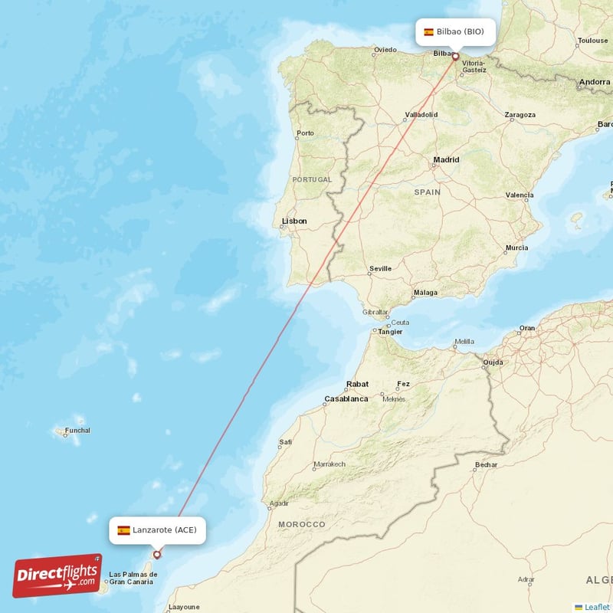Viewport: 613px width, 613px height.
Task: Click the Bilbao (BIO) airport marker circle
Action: [x=455, y=56]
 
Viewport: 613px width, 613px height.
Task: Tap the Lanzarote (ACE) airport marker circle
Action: [x=157, y=555]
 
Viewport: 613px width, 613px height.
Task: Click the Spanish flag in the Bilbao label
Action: [x=428, y=32]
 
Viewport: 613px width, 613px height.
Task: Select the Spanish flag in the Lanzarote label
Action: [x=123, y=529]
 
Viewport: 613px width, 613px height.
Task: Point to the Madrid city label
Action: [x=446, y=160]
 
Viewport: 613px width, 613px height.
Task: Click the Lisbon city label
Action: [x=294, y=221]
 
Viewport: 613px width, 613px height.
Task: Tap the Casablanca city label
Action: [x=346, y=398]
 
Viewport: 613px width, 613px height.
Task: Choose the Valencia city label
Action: [x=520, y=195]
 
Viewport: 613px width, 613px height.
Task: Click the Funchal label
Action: [x=77, y=431]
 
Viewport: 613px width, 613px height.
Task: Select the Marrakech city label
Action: [x=329, y=464]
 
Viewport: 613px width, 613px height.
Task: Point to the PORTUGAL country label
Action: [x=312, y=179]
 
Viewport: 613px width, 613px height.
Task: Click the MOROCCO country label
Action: [x=302, y=524]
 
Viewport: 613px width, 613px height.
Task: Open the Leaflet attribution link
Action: [x=596, y=607]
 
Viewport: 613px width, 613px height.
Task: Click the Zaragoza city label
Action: [x=520, y=115]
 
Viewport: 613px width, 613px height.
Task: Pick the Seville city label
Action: [x=380, y=269]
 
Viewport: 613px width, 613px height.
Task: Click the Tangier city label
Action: [x=389, y=332]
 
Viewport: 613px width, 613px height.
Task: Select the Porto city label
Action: [x=306, y=133]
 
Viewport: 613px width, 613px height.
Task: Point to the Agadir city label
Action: [x=279, y=503]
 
